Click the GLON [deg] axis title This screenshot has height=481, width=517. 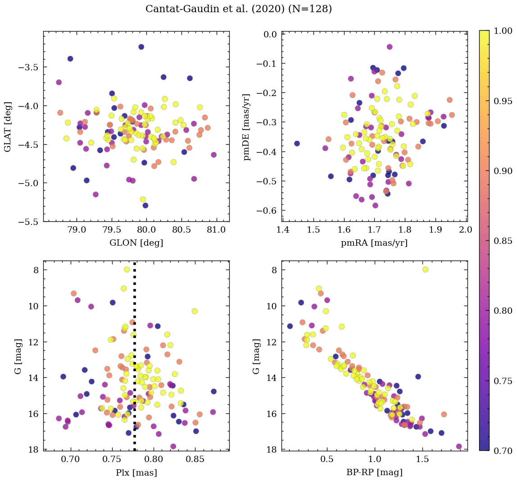pos(136,243)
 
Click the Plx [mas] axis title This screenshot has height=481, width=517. pos(136,472)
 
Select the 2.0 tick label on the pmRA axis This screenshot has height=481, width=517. pos(466,231)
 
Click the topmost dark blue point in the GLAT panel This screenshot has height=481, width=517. pos(141,47)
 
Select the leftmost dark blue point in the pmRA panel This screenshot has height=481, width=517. pos(297,143)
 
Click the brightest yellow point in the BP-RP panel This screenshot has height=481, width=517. pos(425,270)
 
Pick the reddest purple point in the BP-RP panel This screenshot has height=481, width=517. pos(459,446)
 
